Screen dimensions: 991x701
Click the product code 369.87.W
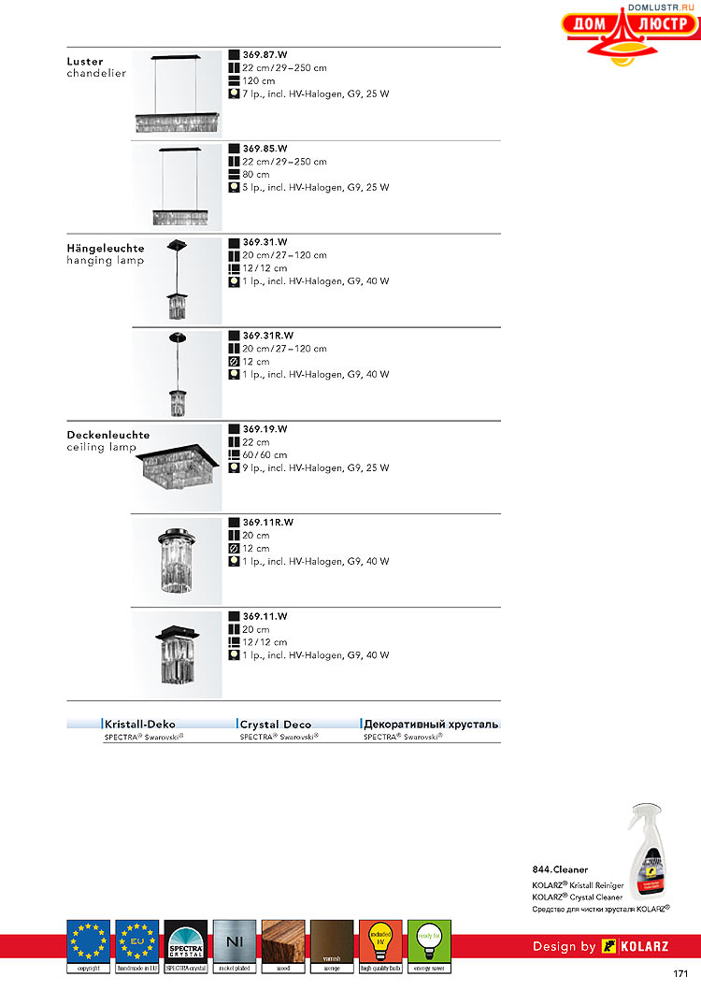click(265, 55)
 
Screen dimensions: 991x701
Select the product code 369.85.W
click(265, 149)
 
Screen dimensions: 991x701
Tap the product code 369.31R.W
click(268, 336)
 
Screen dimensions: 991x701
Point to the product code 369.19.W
click(265, 429)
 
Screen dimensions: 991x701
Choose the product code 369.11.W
click(265, 616)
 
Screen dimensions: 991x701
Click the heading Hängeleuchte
click(106, 249)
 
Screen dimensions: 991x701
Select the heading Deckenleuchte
click(108, 435)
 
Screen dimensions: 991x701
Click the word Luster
click(85, 62)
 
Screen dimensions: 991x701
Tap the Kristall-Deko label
click(140, 724)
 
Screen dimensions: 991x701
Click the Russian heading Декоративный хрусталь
click(431, 724)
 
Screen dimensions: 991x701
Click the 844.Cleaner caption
click(561, 869)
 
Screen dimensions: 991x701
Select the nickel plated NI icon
click(235, 941)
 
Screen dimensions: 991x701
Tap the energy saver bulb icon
click(429, 941)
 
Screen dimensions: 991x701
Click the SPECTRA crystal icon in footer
click(186, 941)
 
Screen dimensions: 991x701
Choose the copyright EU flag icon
click(89, 941)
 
